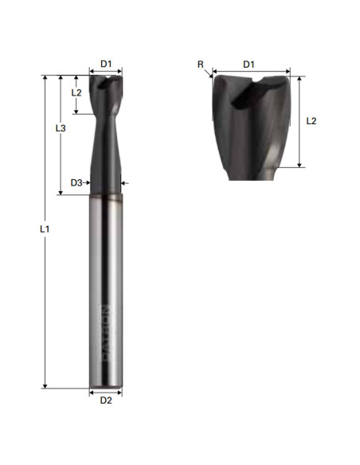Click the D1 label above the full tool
pos(106,63)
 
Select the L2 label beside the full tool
pos(76,92)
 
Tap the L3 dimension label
pos(61,127)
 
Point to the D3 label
pos(76,182)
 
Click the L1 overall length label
pos(45,229)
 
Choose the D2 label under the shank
pos(106,401)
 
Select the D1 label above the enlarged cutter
pos(248,64)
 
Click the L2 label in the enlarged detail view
pos(311,121)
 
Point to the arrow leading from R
pos(209,72)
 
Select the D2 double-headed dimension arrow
pos(106,391)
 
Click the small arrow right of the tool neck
pos(125,182)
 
